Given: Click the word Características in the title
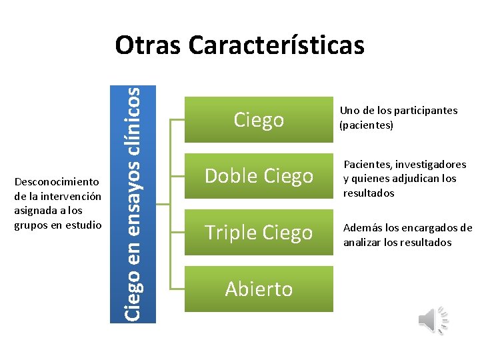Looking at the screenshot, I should [276, 45].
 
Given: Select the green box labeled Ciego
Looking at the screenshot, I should [259, 120].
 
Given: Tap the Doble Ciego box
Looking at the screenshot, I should [259, 176].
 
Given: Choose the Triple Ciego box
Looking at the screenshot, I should [259, 233].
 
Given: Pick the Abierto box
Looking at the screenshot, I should [259, 289].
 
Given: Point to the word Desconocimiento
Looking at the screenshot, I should [57, 181].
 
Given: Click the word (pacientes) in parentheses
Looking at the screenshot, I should [367, 125].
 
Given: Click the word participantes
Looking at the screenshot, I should [426, 111].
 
